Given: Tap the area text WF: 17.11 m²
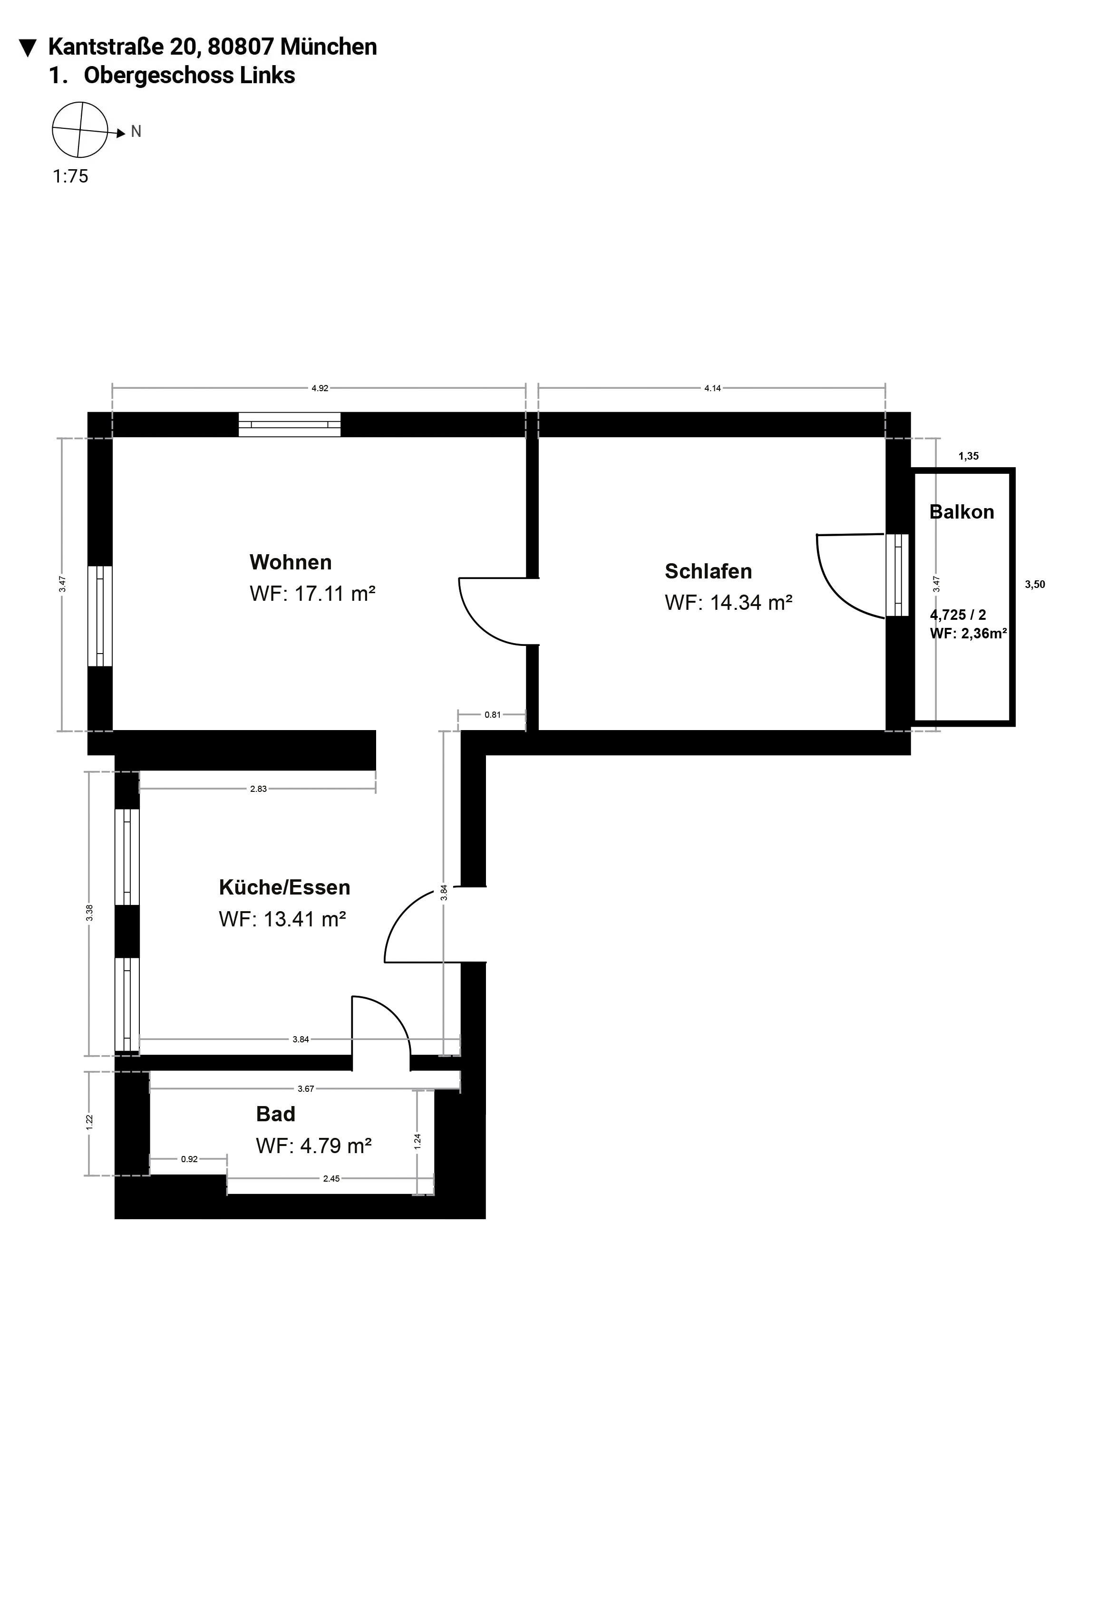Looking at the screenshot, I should click(x=312, y=593).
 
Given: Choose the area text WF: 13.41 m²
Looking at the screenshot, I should click(x=282, y=919).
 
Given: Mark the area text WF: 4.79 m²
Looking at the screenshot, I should click(x=314, y=1146).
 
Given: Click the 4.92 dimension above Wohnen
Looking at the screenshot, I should click(x=320, y=388).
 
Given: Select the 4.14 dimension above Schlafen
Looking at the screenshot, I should click(x=712, y=388).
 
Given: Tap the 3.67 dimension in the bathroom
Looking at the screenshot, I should click(x=305, y=1088).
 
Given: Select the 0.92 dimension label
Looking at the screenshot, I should click(x=189, y=1159).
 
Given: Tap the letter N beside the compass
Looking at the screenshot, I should click(x=136, y=131).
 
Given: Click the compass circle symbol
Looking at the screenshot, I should click(x=80, y=130).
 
